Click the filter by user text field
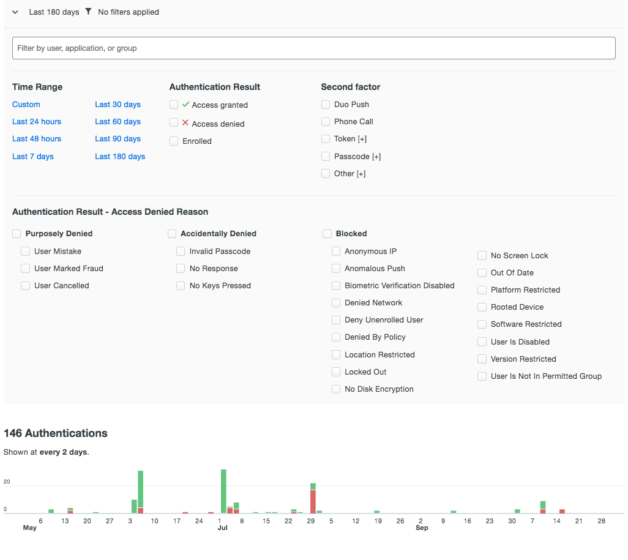313,48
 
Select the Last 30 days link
118,105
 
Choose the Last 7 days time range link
33,157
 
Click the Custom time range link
26,105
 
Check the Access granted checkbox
174,105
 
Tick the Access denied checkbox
174,123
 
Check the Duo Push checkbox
326,105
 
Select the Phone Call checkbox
326,122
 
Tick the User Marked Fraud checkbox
26,269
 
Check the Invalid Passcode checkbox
181,252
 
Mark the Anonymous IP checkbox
336,252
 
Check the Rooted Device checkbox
482,307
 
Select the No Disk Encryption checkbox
336,389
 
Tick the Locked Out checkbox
336,372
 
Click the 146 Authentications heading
56,433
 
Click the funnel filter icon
88,12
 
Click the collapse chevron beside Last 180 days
15,12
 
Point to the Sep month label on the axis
422,528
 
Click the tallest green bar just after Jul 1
223,490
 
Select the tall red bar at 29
313,501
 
